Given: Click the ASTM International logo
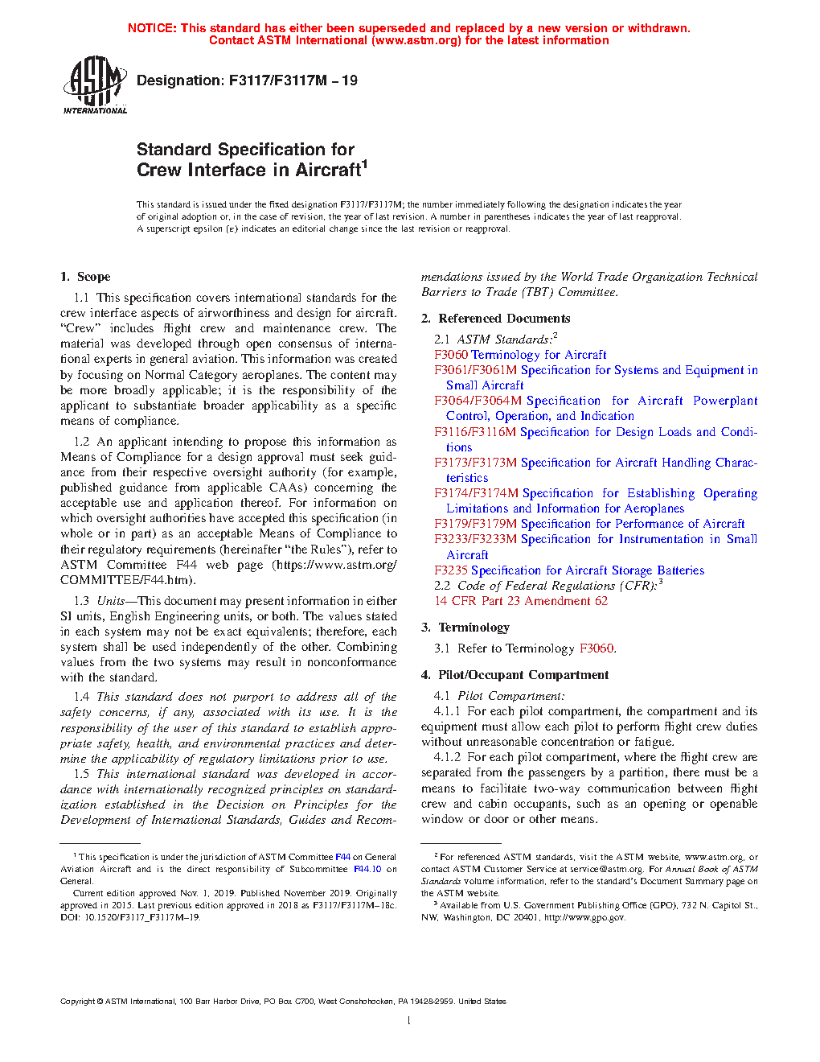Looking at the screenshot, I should pyautogui.click(x=95, y=84).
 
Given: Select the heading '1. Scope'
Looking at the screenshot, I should pyautogui.click(x=85, y=277).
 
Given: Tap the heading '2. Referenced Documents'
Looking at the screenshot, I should pyautogui.click(x=495, y=319).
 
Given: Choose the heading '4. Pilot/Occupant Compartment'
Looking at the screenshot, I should pyautogui.click(x=515, y=675).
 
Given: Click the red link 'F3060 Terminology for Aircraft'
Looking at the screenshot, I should pyautogui.click(x=520, y=355).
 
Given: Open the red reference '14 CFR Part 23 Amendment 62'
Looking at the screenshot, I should pyautogui.click(x=521, y=601).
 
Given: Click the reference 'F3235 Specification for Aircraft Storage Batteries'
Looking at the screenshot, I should pyautogui.click(x=569, y=570).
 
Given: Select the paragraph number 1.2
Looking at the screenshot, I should pyautogui.click(x=81, y=442).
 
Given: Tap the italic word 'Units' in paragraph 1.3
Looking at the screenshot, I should pyautogui.click(x=111, y=601).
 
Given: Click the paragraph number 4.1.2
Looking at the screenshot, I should pyautogui.click(x=447, y=757).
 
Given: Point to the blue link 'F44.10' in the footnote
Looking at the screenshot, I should pyautogui.click(x=367, y=869).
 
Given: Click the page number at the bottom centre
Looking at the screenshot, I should pyautogui.click(x=409, y=1021).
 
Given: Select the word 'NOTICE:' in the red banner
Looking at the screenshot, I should pyautogui.click(x=152, y=28).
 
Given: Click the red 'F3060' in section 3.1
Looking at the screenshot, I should pyautogui.click(x=597, y=648).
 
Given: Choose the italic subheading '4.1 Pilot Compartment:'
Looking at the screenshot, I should pyautogui.click(x=499, y=696).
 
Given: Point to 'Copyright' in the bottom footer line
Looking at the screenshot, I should pyautogui.click(x=77, y=1002).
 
